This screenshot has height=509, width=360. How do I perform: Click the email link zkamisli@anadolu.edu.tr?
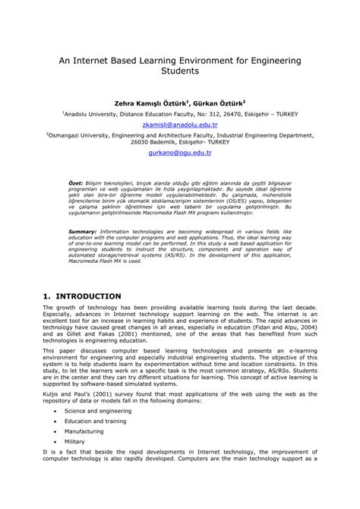point(180,125)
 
